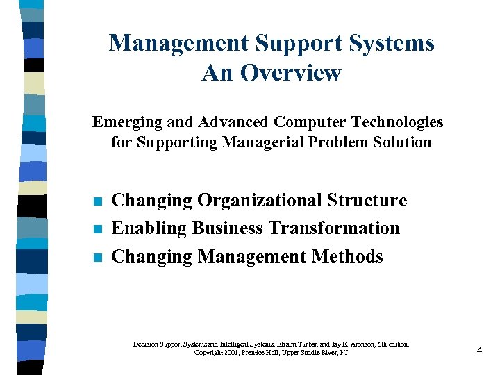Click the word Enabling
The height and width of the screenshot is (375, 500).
[149, 228]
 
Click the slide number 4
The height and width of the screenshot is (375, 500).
[479, 351]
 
